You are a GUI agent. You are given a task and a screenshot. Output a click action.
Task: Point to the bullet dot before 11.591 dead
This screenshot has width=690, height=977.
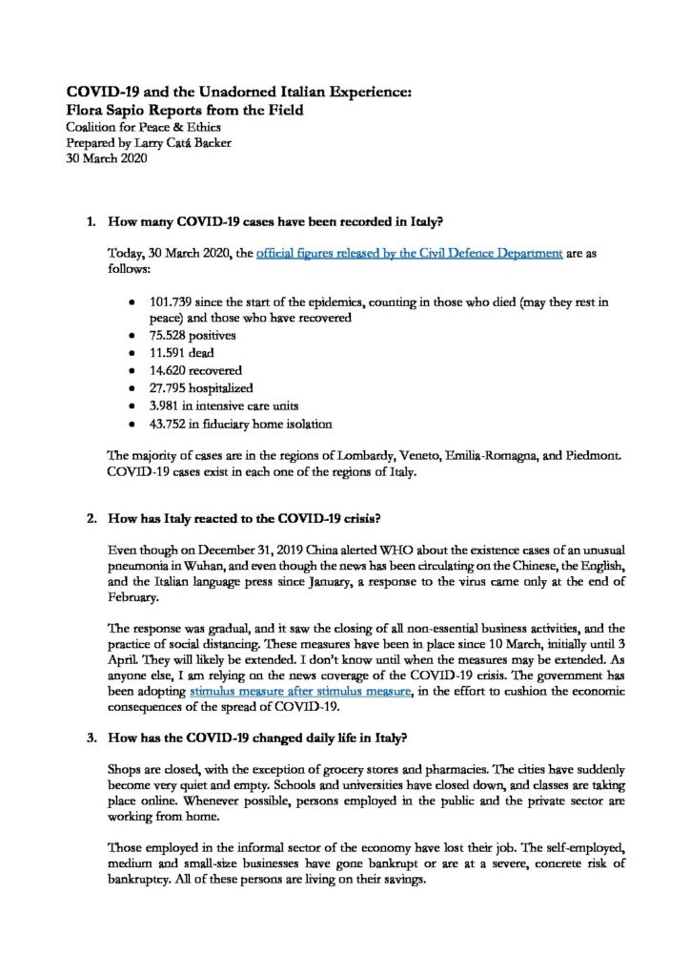tap(131, 353)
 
